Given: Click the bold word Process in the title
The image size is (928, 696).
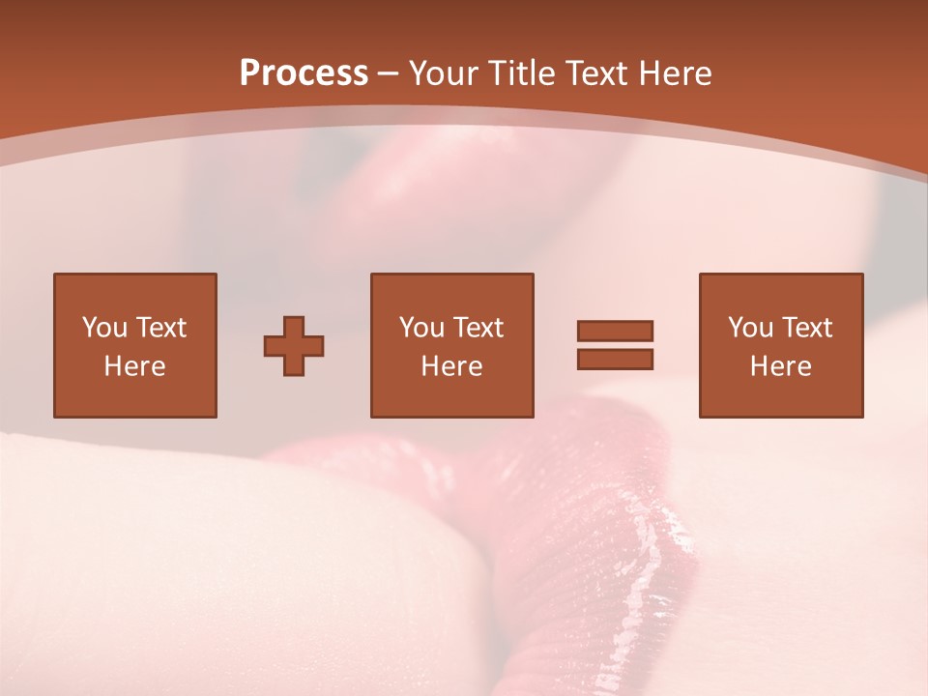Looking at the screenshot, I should coord(304,73).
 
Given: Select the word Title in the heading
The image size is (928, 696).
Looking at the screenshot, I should coord(524,73).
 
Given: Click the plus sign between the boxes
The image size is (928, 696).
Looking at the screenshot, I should coord(294,346).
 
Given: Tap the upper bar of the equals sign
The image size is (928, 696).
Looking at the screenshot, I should coord(615,331).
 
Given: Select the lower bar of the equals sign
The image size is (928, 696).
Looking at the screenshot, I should coord(615,360).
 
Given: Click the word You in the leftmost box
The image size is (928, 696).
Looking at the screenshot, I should coord(104,328).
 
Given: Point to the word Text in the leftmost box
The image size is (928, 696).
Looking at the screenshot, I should coord(160,328).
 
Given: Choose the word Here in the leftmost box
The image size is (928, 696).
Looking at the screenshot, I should coord(134,366).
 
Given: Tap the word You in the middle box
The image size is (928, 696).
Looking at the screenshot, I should coord(421,328).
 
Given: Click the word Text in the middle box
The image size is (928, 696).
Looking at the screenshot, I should coord(478,328).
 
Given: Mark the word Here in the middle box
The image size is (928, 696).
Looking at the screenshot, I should coord(451,366).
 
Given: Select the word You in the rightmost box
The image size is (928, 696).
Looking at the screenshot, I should coord(750,328).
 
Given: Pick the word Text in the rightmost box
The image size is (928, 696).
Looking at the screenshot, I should coord(806,328).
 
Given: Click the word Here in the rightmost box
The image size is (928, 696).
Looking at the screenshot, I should coord(780,366).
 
